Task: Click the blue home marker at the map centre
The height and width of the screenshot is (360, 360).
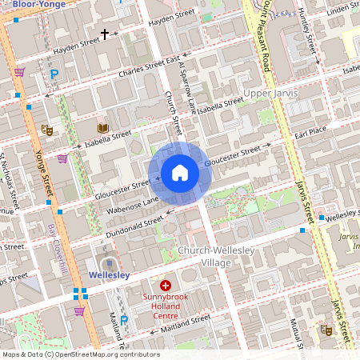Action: (179, 172)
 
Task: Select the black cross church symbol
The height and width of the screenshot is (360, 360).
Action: (104, 34)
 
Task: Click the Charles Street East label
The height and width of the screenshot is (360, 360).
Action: (149, 63)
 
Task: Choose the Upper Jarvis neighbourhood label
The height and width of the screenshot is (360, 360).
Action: (270, 94)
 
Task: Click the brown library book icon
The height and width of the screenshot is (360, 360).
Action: (102, 128)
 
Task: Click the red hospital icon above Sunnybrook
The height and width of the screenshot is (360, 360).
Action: (166, 285)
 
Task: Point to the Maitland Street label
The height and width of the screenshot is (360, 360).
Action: (184, 322)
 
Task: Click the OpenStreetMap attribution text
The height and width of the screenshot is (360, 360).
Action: (81, 354)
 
